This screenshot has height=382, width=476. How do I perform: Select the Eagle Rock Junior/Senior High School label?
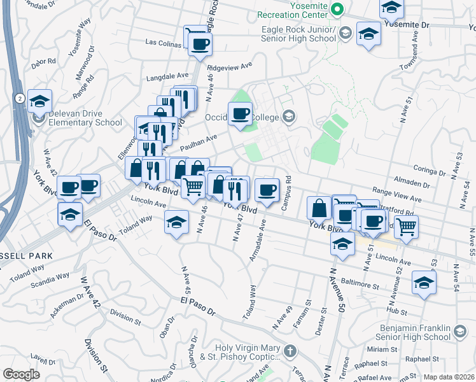[298, 34]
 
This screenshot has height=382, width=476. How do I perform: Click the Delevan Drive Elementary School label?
[85, 118]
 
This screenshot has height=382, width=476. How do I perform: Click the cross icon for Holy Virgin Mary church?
[290, 351]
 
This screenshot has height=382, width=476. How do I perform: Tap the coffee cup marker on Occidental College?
[240, 114]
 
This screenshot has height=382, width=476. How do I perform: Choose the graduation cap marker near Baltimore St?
[424, 282]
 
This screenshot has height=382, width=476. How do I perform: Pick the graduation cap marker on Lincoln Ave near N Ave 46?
[176, 222]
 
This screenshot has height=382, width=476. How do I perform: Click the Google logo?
[21, 374]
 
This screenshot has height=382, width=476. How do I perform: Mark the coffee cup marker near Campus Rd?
[267, 189]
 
